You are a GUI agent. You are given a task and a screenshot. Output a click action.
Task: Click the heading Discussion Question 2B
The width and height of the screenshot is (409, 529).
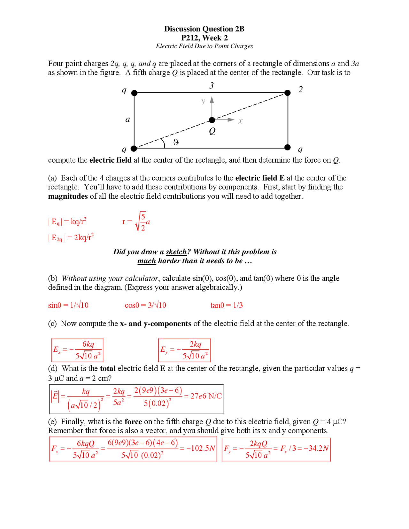[204, 29]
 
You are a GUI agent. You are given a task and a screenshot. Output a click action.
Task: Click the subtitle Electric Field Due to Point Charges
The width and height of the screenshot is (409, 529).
[204, 46]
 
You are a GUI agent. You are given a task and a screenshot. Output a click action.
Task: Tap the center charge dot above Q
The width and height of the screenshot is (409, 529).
[212, 120]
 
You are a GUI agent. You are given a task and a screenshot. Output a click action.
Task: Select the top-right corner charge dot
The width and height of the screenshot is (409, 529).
[288, 93]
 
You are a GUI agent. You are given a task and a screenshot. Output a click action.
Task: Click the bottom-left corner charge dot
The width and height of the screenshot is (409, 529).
[134, 149]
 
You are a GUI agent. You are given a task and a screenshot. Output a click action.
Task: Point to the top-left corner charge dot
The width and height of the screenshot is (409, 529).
[134, 93]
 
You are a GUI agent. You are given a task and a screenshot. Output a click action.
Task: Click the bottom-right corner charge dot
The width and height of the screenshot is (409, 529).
[288, 147]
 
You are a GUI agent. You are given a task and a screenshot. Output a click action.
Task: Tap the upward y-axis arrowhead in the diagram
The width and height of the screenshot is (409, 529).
[212, 100]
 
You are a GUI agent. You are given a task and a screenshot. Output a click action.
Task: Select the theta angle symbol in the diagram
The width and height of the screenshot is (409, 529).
[176, 142]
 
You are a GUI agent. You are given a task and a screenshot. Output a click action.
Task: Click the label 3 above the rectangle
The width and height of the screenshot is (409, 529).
[211, 86]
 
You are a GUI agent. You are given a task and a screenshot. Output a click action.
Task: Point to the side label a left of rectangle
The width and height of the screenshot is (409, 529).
[127, 119]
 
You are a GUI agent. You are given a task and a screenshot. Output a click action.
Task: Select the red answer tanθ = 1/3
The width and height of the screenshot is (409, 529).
[226, 305]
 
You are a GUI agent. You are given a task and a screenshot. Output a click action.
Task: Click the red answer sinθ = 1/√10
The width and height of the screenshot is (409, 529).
[68, 305]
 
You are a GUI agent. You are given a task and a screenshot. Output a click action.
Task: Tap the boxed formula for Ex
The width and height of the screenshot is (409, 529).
[77, 350]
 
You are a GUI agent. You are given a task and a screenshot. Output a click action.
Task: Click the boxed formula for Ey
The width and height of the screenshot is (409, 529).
[184, 350]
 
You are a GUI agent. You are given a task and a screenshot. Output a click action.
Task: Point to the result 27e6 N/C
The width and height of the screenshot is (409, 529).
[206, 396]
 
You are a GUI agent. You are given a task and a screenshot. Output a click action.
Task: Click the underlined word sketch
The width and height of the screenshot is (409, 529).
[176, 252]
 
